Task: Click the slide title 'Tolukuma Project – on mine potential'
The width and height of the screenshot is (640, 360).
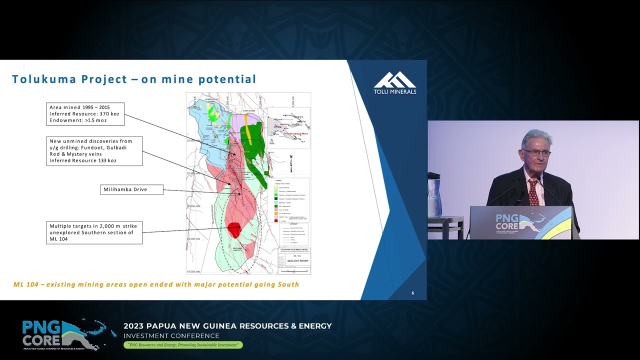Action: tap(134, 79)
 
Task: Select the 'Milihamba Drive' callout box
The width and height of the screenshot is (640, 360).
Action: tap(131, 189)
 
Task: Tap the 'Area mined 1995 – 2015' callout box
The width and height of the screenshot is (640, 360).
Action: tap(85, 114)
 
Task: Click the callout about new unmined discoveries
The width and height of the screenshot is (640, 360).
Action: tap(94, 151)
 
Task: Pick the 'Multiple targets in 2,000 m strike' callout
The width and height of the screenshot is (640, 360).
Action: tap(94, 232)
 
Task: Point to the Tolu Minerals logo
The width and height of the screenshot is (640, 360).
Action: tap(394, 82)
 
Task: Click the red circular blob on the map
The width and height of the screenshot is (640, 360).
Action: tap(234, 230)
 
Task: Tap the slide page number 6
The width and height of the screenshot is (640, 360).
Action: tap(412, 293)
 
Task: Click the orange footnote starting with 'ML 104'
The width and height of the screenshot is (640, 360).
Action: tap(156, 284)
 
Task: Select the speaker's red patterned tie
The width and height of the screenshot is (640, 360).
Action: tap(533, 191)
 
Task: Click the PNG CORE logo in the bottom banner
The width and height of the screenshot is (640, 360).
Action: tap(62, 334)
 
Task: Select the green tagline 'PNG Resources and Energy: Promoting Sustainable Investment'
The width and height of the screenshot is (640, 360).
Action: tap(183, 345)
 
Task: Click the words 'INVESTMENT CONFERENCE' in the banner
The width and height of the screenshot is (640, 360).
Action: tap(171, 335)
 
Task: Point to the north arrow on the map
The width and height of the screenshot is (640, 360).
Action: tap(291, 163)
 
